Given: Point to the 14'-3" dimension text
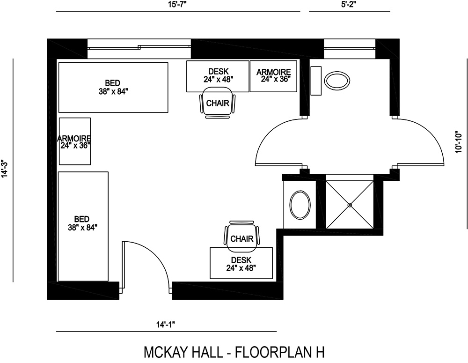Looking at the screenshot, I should (5, 169).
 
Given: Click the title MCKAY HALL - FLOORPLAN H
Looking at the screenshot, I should (234, 351).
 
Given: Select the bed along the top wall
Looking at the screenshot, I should (113, 88).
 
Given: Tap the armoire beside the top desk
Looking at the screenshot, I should (273, 76).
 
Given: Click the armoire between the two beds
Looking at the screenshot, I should (75, 141).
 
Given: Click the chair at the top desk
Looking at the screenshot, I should (218, 104).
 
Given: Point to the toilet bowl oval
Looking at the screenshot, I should (336, 81).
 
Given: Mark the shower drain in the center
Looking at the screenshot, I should (350, 204).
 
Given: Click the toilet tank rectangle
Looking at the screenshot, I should (316, 81).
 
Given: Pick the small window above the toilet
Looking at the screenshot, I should (350, 49).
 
